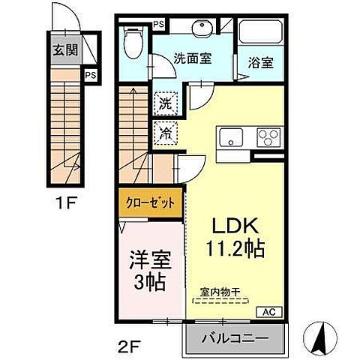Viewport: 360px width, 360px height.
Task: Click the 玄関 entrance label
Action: click(63, 52)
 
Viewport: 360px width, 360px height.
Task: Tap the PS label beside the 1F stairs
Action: click(90, 75)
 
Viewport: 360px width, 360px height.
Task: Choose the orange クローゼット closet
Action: click(150, 202)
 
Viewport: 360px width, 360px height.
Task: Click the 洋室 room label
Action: click(152, 261)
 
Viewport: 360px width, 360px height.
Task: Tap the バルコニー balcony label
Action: click(235, 339)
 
